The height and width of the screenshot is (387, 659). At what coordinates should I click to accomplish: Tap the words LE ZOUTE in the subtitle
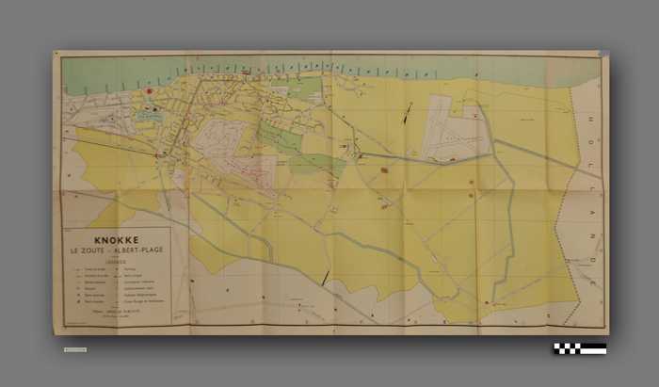pos(90,251)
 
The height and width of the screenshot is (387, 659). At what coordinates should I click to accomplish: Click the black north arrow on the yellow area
pos(408,116)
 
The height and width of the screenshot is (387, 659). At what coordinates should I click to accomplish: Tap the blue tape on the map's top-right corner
pos(602,55)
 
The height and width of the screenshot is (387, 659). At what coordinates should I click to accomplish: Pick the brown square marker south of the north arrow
pos(384,170)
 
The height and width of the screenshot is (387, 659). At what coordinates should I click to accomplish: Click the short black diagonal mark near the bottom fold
pos(326,277)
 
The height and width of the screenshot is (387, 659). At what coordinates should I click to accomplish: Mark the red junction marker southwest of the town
pos(157,153)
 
